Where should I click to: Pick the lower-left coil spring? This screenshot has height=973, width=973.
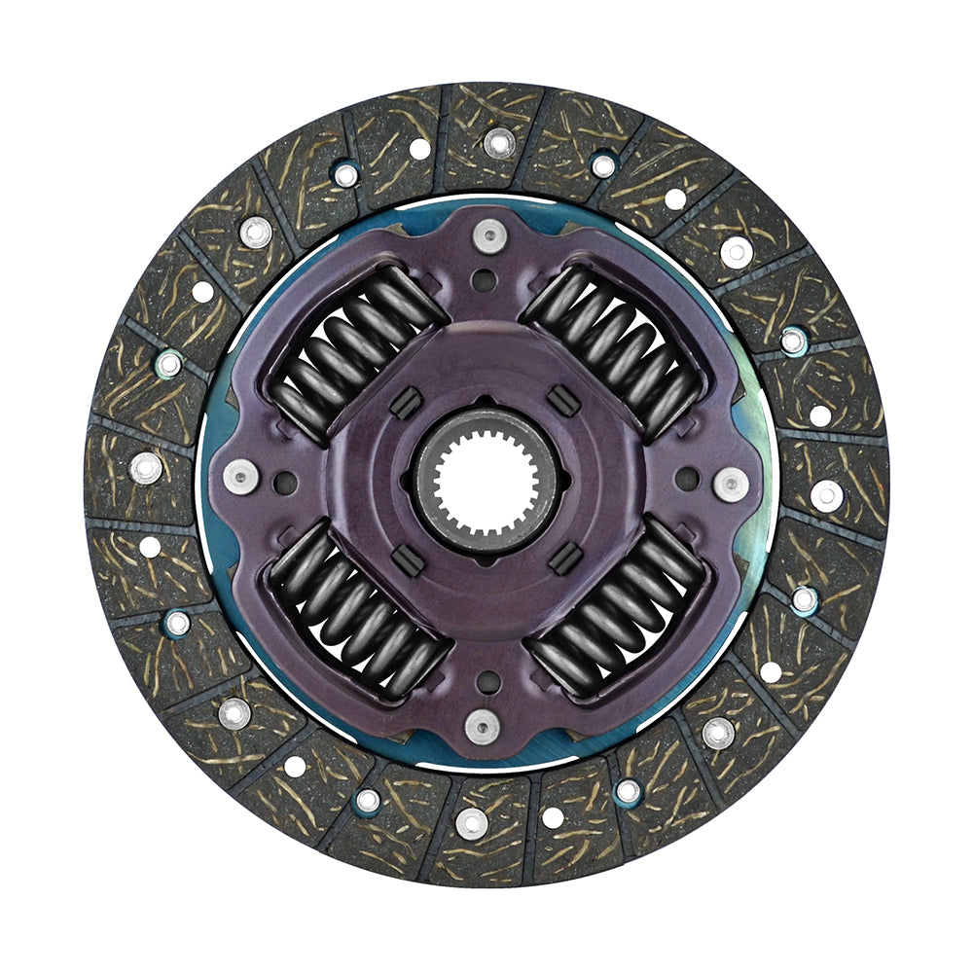click(356, 613)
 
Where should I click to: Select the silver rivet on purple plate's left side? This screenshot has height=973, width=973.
click(240, 476)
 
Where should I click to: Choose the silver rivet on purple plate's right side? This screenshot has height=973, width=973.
click(731, 484)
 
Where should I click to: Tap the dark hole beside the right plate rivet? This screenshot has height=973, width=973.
click(687, 480)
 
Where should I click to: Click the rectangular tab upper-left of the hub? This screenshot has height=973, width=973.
click(406, 401)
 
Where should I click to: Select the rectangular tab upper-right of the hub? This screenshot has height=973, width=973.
click(558, 399)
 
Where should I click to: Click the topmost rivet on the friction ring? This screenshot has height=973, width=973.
click(499, 142)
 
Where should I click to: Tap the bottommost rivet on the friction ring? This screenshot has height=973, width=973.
click(472, 823)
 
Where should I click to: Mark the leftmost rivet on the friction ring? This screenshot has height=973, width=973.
click(146, 467)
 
